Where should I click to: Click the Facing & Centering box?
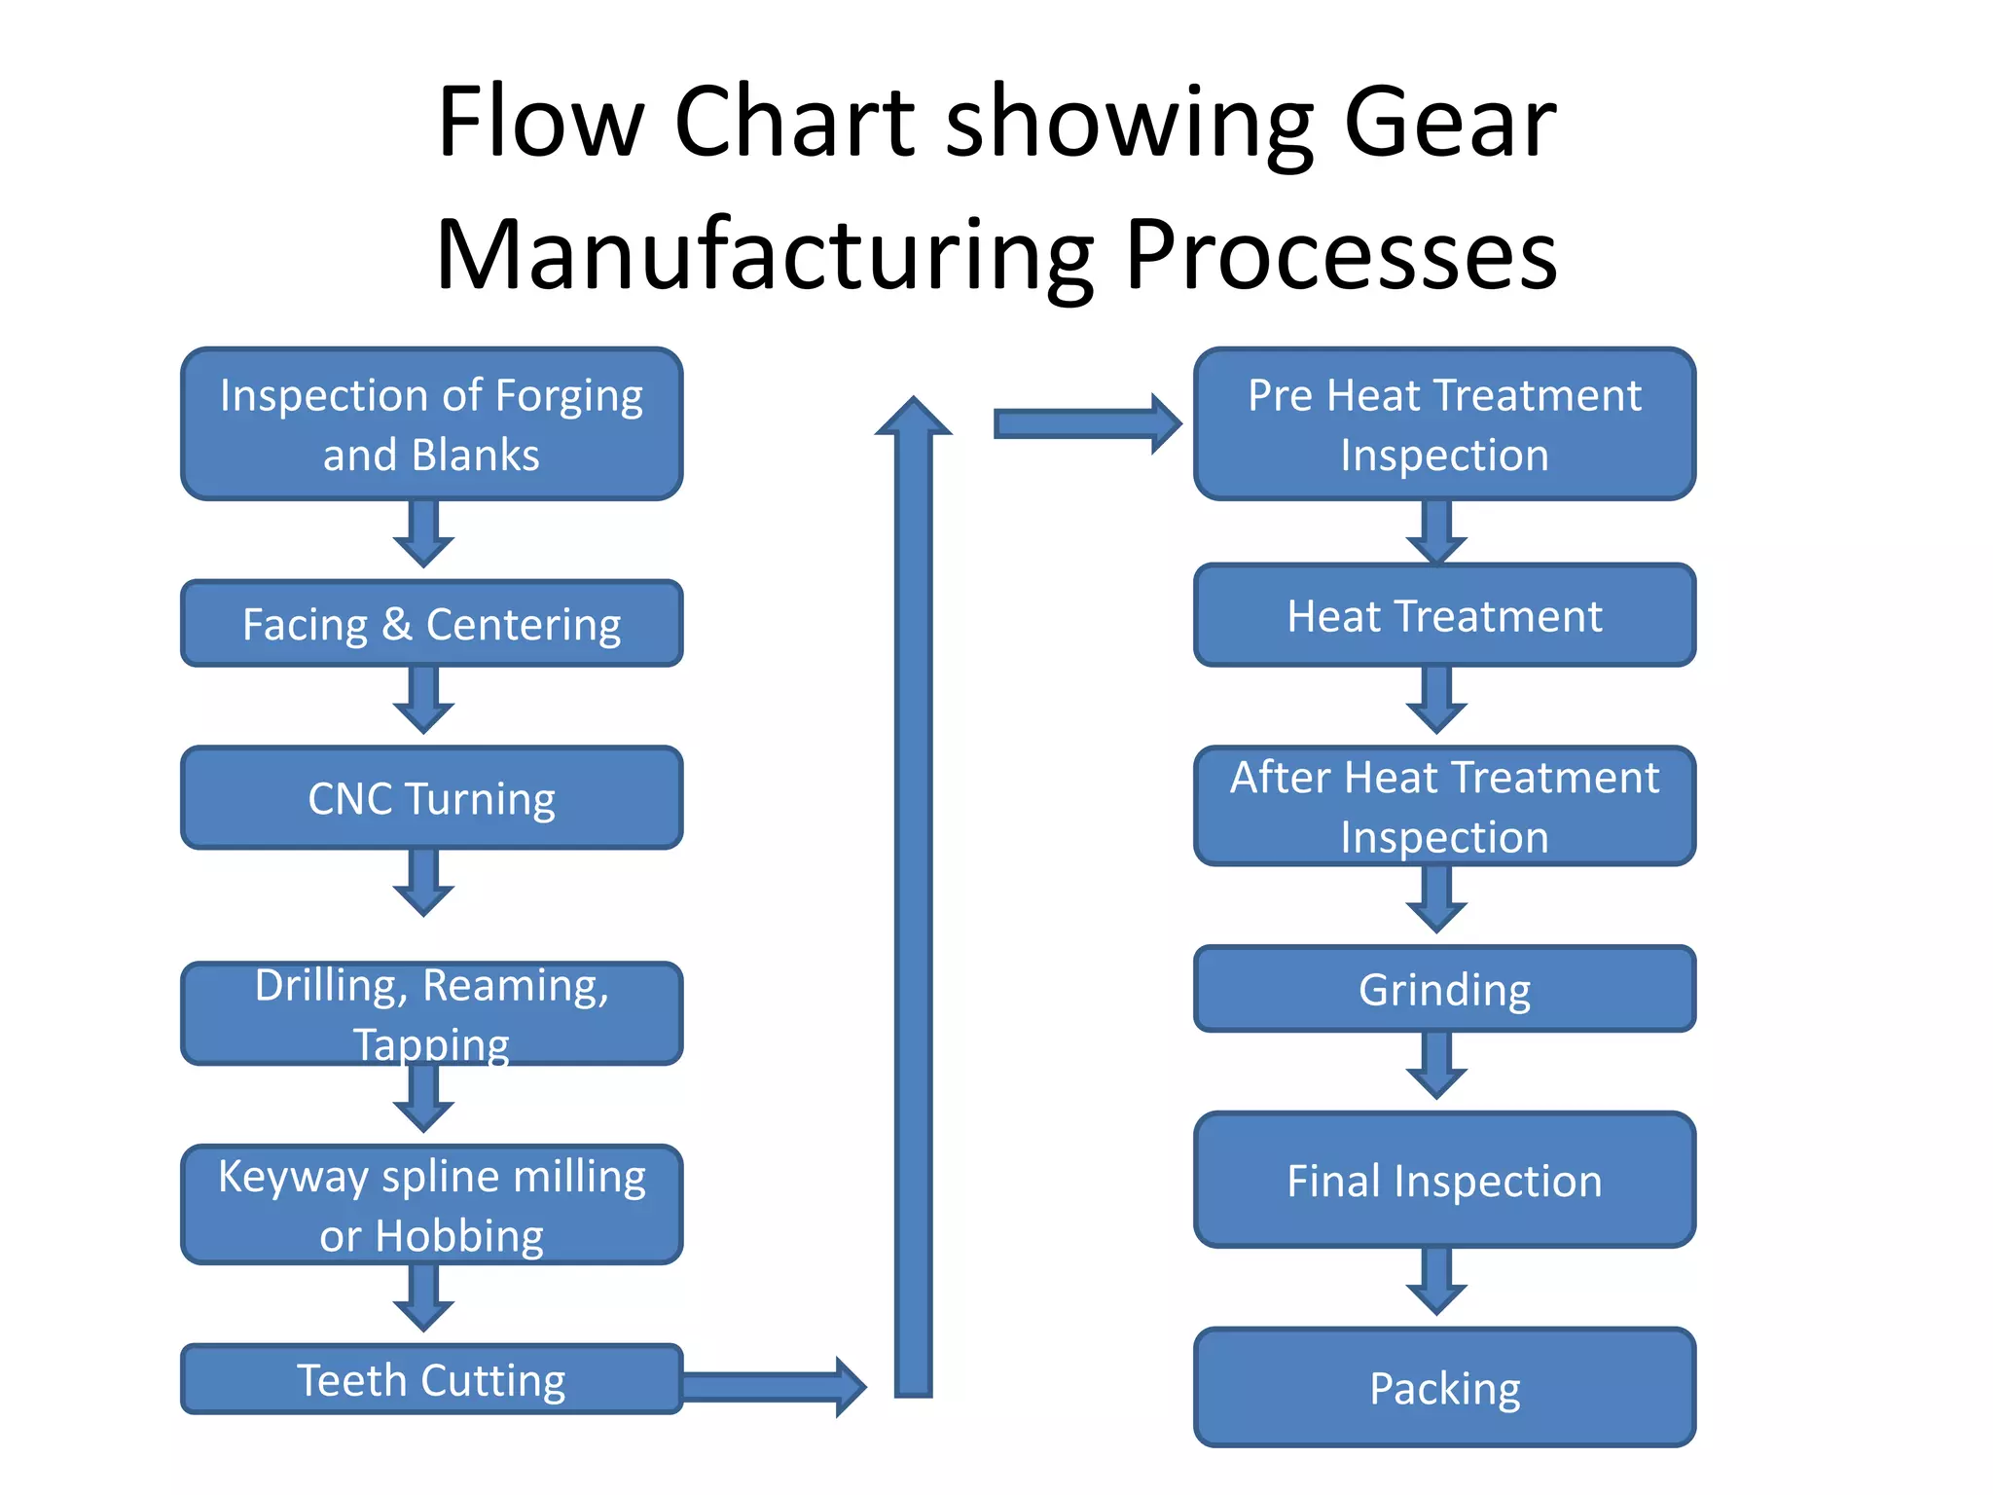coord(431,623)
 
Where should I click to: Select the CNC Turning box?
coord(431,798)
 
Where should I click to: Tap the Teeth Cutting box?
coord(431,1379)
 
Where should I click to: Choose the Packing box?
coord(1444,1387)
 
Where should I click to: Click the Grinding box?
coord(1444,989)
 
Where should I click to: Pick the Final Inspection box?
coord(1444,1181)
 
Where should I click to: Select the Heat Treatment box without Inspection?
coord(1444,615)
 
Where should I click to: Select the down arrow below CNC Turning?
coord(423,882)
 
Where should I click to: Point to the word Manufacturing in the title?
coord(764,255)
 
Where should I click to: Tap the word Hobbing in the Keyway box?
coord(459,1236)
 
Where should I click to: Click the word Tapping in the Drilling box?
coord(431,1044)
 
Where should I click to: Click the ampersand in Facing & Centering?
coord(396,624)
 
